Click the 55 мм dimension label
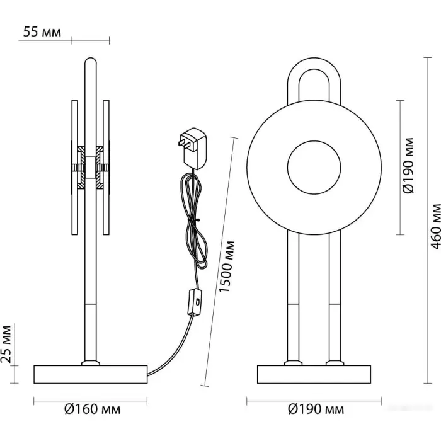[x=43, y=32]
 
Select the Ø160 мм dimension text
[x=92, y=410]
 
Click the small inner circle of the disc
[x=314, y=167]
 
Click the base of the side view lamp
[x=90, y=374]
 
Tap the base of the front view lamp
[x=314, y=374]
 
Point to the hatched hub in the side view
[x=90, y=167]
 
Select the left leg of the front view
[x=294, y=296]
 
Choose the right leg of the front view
[x=334, y=296]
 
